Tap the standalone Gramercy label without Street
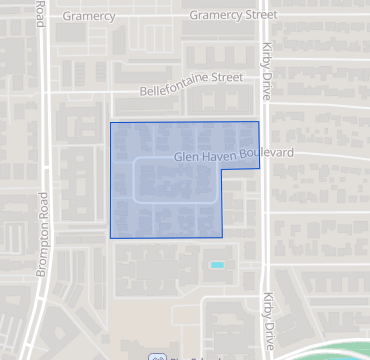click(x=88, y=17)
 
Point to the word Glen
click(x=185, y=157)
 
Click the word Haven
click(x=220, y=156)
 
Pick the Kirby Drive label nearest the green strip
click(x=267, y=317)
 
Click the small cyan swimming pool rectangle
click(x=217, y=264)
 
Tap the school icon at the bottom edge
click(x=156, y=356)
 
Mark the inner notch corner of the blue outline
click(x=222, y=168)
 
